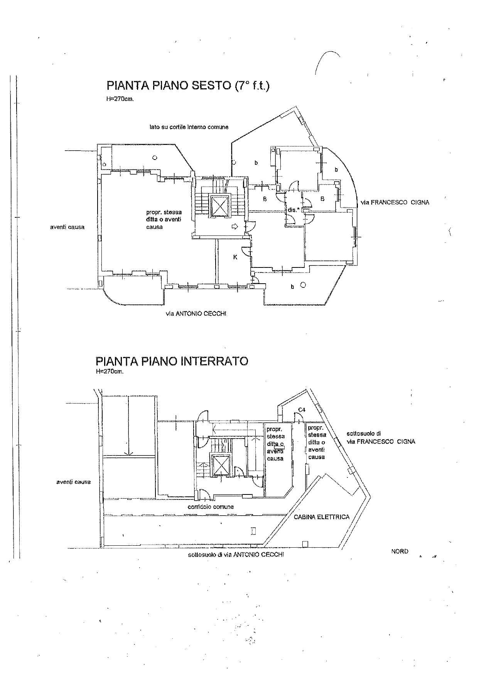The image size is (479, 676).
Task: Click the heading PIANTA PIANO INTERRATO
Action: click(x=172, y=361)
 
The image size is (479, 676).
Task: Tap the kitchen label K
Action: click(x=235, y=257)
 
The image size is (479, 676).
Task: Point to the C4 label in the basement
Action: click(x=302, y=410)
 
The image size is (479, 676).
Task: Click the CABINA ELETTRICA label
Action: click(x=322, y=517)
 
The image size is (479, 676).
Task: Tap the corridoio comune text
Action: click(x=211, y=507)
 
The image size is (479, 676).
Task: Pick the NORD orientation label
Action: click(x=400, y=552)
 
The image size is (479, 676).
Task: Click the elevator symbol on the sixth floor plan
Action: click(x=219, y=207)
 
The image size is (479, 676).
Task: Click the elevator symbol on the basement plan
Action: click(x=219, y=464)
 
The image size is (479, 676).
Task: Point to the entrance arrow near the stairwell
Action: click(x=234, y=227)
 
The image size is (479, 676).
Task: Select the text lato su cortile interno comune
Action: click(x=189, y=127)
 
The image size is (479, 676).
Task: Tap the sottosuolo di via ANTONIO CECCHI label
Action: click(x=236, y=555)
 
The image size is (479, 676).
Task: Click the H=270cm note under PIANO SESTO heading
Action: click(x=120, y=99)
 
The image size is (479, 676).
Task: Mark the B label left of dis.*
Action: click(x=265, y=199)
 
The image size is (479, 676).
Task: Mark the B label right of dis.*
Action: click(x=322, y=199)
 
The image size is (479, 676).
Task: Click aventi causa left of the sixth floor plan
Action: click(x=67, y=227)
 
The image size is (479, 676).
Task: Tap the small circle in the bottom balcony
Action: click(x=303, y=285)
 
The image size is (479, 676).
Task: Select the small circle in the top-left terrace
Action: click(x=155, y=157)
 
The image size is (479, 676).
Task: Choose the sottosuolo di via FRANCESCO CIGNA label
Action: click(x=381, y=438)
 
